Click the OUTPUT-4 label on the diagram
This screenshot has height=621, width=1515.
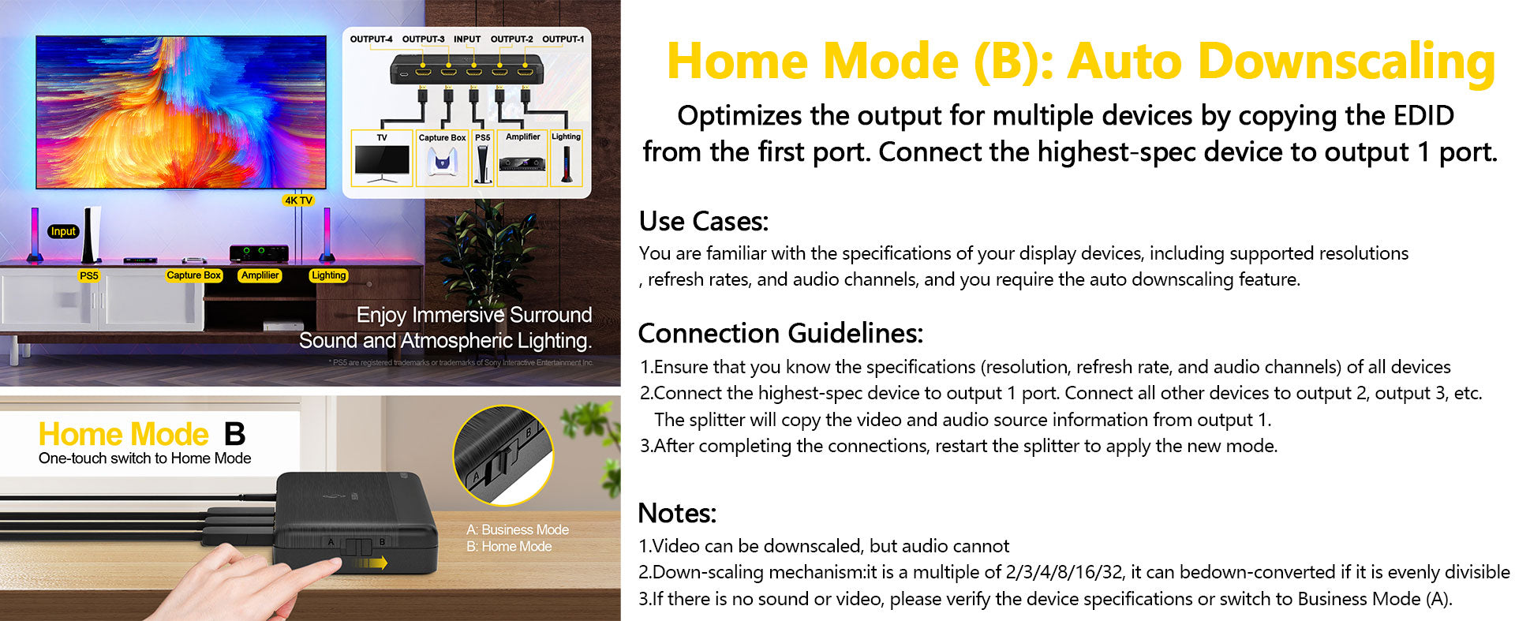371,39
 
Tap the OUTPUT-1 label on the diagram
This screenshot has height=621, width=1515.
563,39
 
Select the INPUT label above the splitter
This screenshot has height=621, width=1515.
467,39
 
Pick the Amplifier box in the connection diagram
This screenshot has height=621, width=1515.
522,158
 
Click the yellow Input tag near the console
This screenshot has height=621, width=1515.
63,231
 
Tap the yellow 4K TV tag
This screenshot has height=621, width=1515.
298,200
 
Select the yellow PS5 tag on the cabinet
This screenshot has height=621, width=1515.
89,275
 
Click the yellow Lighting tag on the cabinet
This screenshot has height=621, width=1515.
328,275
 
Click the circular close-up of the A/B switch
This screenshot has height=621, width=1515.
503,455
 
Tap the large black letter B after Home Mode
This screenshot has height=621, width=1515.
235,434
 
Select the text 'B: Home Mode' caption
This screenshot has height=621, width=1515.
509,546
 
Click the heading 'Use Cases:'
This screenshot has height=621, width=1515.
703,221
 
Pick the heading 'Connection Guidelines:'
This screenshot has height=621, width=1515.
780,333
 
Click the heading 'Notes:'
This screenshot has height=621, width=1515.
677,513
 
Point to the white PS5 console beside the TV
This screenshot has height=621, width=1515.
92,234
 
